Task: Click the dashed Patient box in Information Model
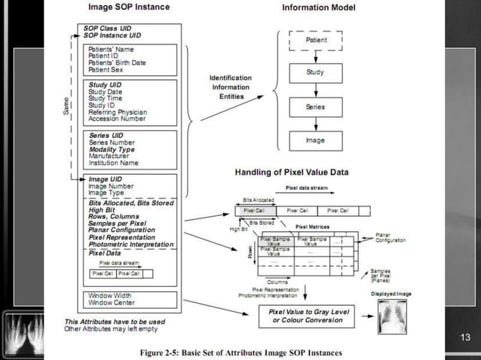[316, 40]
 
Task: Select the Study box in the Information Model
[316, 73]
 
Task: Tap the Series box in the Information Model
[316, 107]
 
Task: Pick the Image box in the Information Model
[316, 140]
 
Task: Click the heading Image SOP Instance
[130, 8]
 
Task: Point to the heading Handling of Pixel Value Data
[289, 172]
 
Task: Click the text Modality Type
[112, 149]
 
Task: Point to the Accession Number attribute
[117, 118]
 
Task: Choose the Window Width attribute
[111, 295]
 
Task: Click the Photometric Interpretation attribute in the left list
[130, 245]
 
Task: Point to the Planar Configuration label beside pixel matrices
[391, 237]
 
